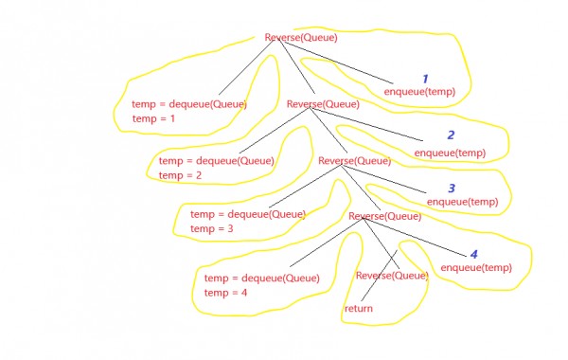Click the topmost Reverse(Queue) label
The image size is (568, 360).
(x=300, y=38)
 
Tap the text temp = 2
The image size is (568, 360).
(x=181, y=175)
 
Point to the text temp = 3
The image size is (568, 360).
(x=212, y=229)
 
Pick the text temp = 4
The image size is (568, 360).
(x=226, y=293)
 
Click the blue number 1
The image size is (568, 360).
(x=425, y=79)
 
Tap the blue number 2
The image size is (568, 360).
(x=451, y=135)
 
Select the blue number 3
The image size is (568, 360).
(x=452, y=189)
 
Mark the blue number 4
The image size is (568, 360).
(x=474, y=254)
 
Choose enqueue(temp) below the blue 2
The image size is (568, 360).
(x=450, y=153)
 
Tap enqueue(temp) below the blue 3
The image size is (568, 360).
(x=462, y=202)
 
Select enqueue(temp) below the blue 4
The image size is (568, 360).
(x=476, y=267)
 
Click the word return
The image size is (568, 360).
(x=358, y=309)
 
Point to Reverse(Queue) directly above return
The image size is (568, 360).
(x=391, y=276)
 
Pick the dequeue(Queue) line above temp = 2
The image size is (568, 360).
(x=216, y=160)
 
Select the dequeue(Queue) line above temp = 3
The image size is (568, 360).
(x=248, y=214)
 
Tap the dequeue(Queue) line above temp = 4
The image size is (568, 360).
(x=261, y=278)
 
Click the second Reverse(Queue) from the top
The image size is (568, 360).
(x=323, y=104)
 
